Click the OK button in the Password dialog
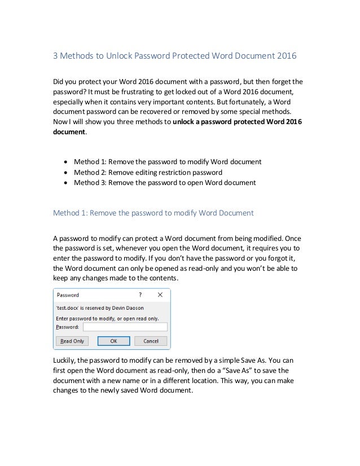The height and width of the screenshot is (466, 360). pos(113,341)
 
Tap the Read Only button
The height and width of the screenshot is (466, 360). pos(72,341)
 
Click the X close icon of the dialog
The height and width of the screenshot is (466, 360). pos(160,294)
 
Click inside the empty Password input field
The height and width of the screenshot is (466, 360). pos(125,327)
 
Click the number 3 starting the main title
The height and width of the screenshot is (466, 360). pos(55,56)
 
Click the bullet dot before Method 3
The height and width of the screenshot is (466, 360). pos(68,183)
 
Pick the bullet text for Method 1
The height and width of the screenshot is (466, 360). pos(168,161)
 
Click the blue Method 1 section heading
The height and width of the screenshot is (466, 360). pos(153,213)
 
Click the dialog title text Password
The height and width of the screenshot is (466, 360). pos(68,294)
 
